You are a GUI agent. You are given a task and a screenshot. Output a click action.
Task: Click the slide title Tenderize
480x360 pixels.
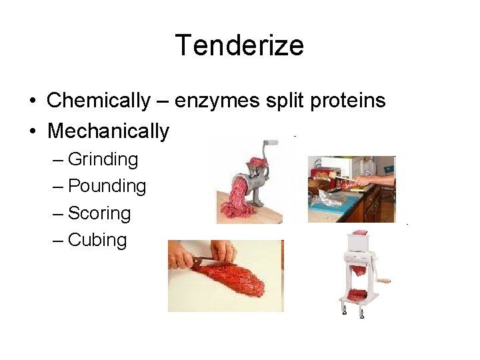pyautogui.click(x=239, y=45)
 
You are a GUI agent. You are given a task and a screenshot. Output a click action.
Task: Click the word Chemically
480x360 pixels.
pyautogui.click(x=99, y=101)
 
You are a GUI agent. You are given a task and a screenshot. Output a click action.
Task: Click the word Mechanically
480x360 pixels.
pyautogui.click(x=108, y=131)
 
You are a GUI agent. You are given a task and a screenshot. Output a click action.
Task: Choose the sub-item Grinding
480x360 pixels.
pyautogui.click(x=103, y=159)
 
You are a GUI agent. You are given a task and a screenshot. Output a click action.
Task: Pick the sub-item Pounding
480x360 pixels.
pyautogui.click(x=107, y=186)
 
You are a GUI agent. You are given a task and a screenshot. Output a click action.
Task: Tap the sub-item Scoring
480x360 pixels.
pyautogui.click(x=99, y=213)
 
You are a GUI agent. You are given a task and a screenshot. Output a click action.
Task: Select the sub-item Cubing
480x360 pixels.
pyautogui.click(x=97, y=240)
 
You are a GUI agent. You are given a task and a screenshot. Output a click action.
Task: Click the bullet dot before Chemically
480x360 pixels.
pyautogui.click(x=32, y=101)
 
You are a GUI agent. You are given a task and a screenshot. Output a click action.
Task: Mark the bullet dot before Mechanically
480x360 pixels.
pyautogui.click(x=32, y=131)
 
